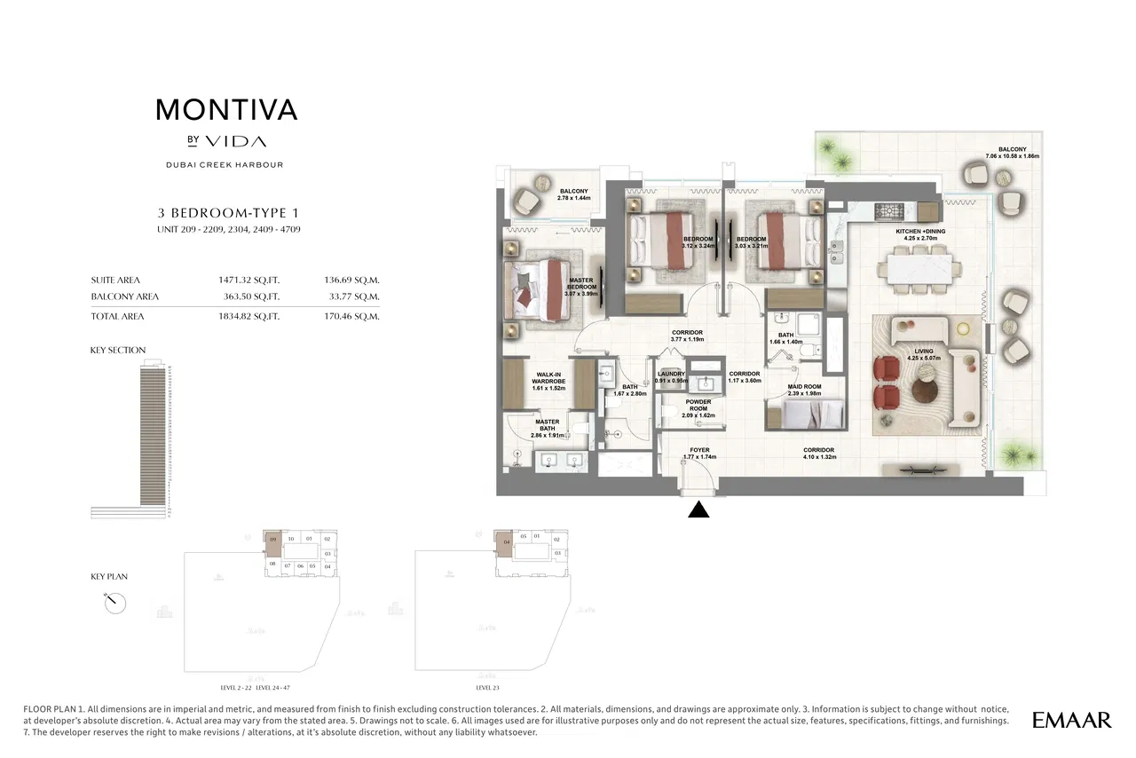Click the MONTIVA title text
[x=226, y=110]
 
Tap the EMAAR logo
[x=1071, y=720]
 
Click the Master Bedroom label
[x=581, y=288]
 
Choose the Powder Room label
[x=697, y=408]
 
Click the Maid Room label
[x=805, y=391]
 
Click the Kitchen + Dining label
[x=920, y=234]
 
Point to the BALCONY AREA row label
[x=124, y=296]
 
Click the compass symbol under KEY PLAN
[x=114, y=603]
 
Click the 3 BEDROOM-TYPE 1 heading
[x=228, y=213]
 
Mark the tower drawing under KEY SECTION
[x=153, y=439]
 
